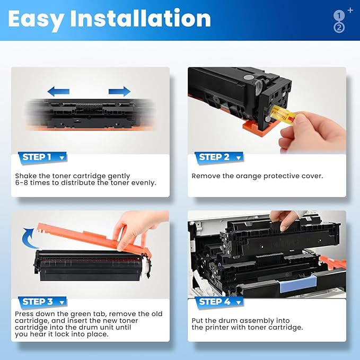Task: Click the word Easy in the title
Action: pos(36,20)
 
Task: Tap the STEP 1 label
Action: pos(37,157)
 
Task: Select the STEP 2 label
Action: pos(214,157)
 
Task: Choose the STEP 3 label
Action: pos(38,302)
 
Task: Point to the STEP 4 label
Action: pos(214,302)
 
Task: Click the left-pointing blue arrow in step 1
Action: pos(58,91)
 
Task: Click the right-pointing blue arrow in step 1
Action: pos(119,91)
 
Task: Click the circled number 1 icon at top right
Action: pos(339,16)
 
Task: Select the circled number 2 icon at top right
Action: pos(339,28)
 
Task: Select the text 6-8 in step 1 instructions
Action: pos(23,183)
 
